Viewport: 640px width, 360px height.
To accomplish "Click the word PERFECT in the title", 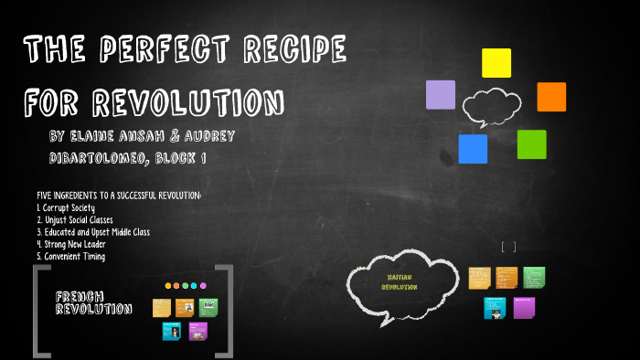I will click(168, 50).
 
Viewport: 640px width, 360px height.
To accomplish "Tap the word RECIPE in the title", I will click(296, 50).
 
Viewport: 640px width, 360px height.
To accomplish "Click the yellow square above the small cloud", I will click(496, 63).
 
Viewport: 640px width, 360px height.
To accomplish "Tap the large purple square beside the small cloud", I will click(441, 95).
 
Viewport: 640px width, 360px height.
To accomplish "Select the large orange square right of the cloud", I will click(551, 97).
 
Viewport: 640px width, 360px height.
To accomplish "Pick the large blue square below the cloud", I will click(473, 149).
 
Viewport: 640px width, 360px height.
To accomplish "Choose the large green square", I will click(531, 144).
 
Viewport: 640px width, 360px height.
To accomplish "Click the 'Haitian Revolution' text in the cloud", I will click(400, 281).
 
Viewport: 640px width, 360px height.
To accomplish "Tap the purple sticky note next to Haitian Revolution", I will click(525, 308).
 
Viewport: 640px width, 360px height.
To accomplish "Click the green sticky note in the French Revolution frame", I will click(208, 307).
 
